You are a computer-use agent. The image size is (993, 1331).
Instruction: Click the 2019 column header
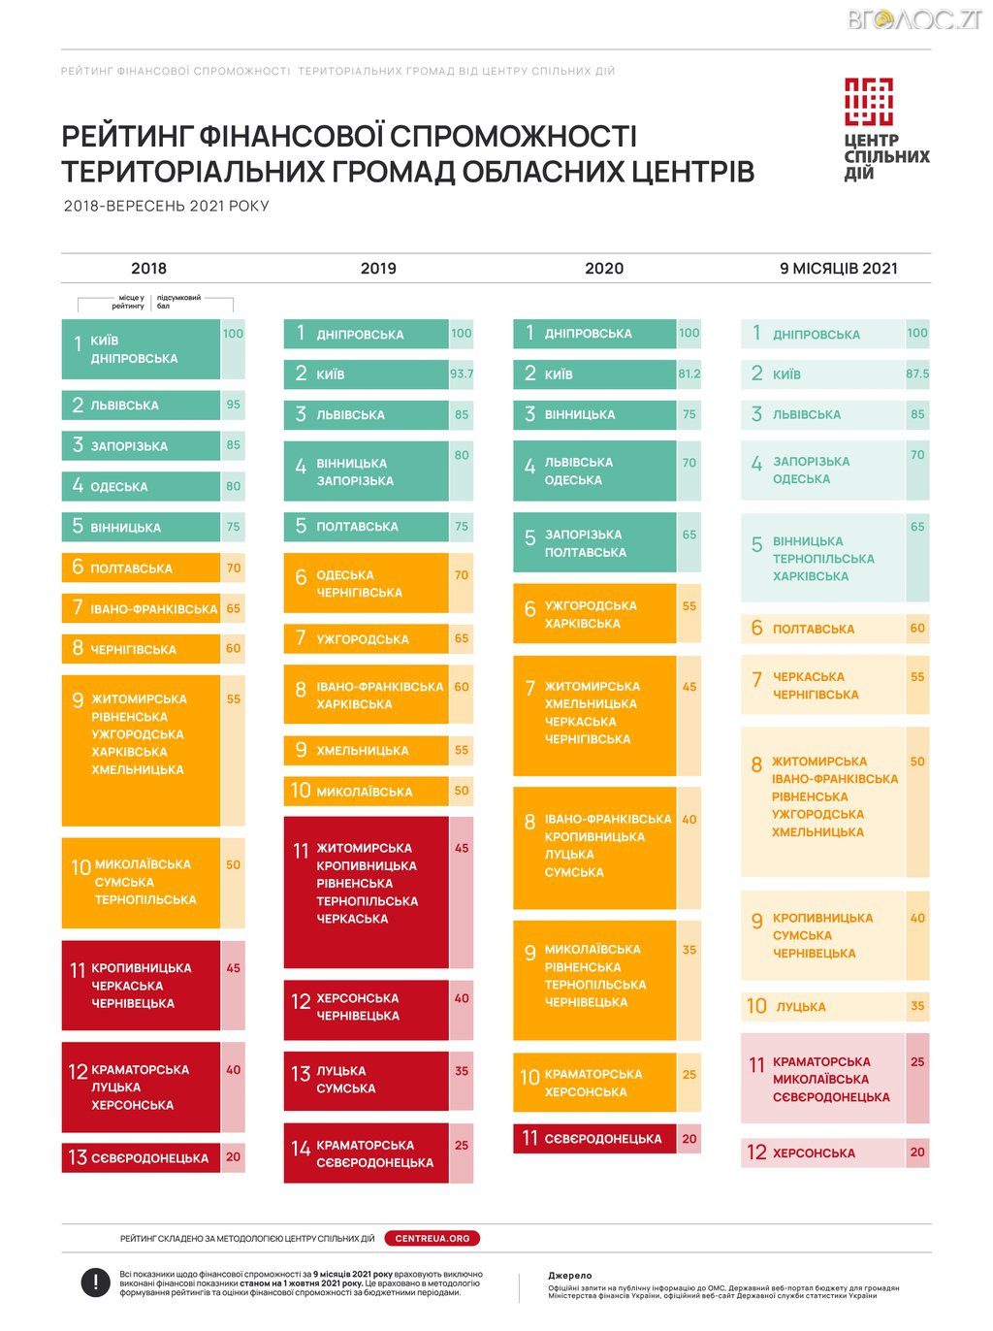pyautogui.click(x=378, y=269)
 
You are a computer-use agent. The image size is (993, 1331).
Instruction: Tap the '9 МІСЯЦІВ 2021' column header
pyautogui.click(x=838, y=269)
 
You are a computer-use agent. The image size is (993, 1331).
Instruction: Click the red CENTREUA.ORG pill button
pyautogui.click(x=432, y=1238)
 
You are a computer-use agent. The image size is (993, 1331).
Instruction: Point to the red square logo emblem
pyautogui.click(x=868, y=102)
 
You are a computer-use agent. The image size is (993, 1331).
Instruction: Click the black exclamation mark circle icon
pyautogui.click(x=95, y=1282)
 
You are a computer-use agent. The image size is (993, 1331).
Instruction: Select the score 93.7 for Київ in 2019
pyautogui.click(x=462, y=373)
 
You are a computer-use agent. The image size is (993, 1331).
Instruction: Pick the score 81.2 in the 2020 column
pyautogui.click(x=689, y=373)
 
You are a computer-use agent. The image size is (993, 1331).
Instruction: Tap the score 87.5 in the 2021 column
pyautogui.click(x=917, y=373)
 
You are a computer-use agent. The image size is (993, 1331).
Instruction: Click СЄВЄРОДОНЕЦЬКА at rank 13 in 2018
pyautogui.click(x=150, y=1157)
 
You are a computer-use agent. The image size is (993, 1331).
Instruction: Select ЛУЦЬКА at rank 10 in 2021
pyautogui.click(x=801, y=1007)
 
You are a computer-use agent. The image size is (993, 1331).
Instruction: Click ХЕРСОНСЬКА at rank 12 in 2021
pyautogui.click(x=814, y=1153)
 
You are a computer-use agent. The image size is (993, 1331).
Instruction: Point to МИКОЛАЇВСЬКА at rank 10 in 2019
pyautogui.click(x=365, y=792)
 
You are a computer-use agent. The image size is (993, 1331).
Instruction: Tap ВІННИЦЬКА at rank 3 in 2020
pyautogui.click(x=580, y=414)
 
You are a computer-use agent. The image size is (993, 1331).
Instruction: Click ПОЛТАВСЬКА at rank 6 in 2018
pyautogui.click(x=132, y=568)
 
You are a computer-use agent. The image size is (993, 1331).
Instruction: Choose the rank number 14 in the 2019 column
pyautogui.click(x=301, y=1149)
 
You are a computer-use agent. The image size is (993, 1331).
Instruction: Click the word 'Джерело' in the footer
pyautogui.click(x=569, y=1276)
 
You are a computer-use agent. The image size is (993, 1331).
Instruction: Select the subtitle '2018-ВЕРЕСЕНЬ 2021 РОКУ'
pyautogui.click(x=166, y=206)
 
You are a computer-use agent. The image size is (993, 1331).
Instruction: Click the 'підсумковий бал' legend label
pyautogui.click(x=178, y=302)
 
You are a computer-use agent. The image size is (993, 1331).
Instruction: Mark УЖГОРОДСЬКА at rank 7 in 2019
pyautogui.click(x=363, y=639)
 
